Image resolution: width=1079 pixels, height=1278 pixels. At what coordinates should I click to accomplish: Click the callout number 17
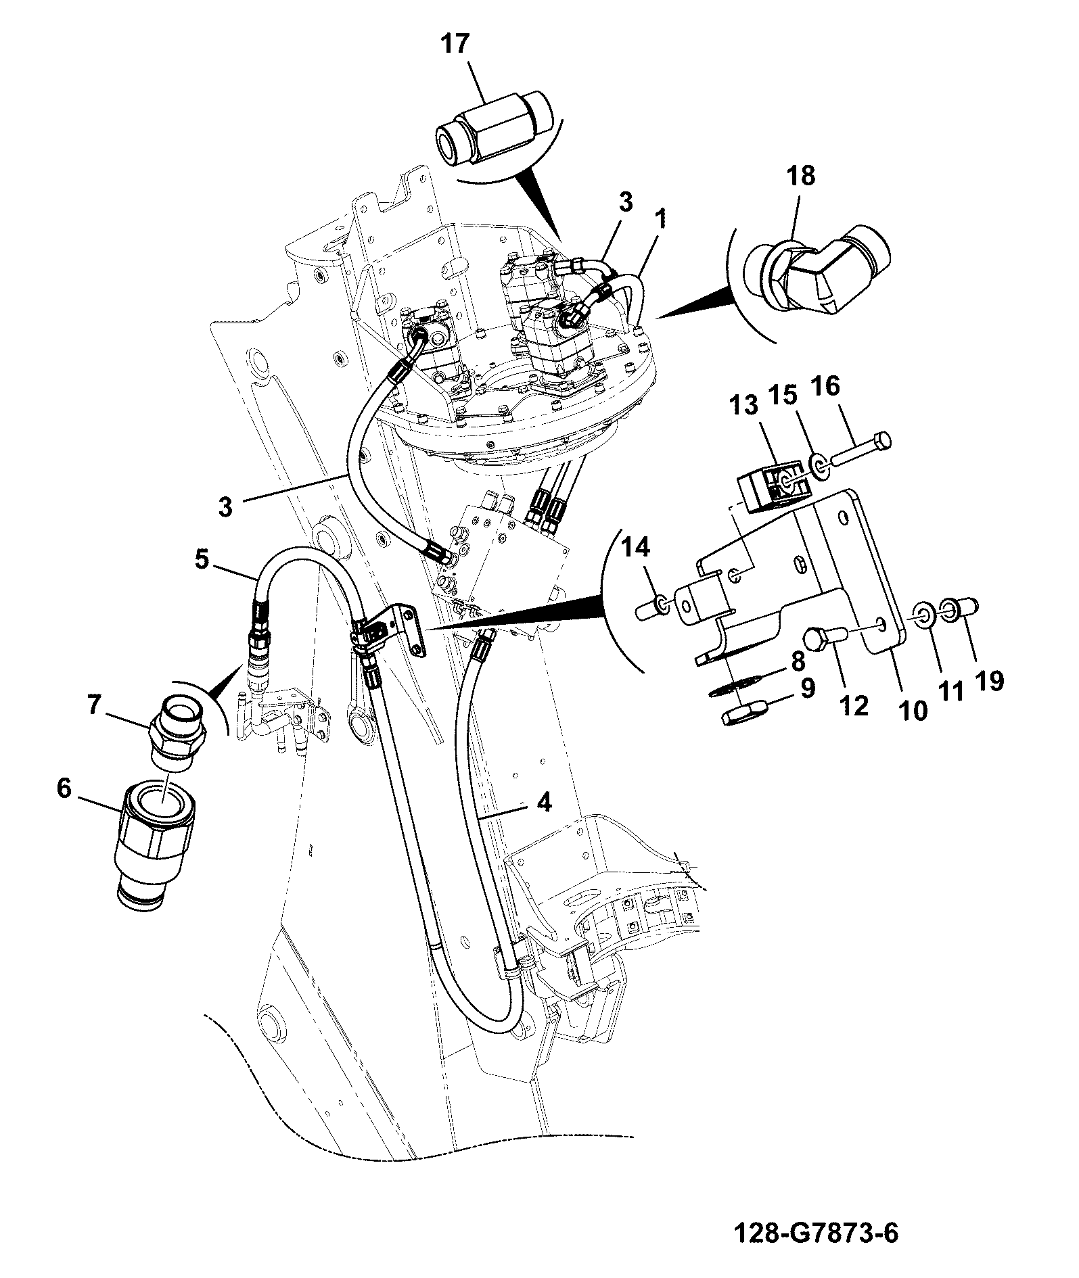coord(455,45)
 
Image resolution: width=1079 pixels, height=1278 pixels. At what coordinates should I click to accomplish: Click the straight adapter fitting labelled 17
coord(492,127)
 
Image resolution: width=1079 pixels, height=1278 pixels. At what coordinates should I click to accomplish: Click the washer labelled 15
coord(817,466)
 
